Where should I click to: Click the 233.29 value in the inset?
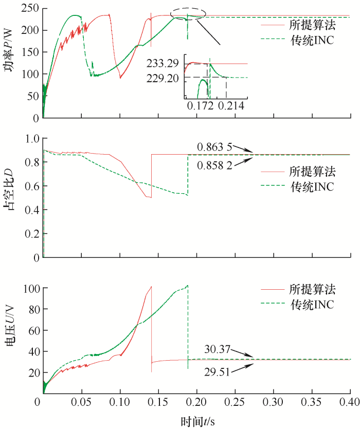[163, 64]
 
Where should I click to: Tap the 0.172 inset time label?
[200, 105]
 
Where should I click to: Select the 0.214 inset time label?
[229, 105]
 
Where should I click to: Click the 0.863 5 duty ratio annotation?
[214, 146]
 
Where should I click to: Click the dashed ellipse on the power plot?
[188, 14]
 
